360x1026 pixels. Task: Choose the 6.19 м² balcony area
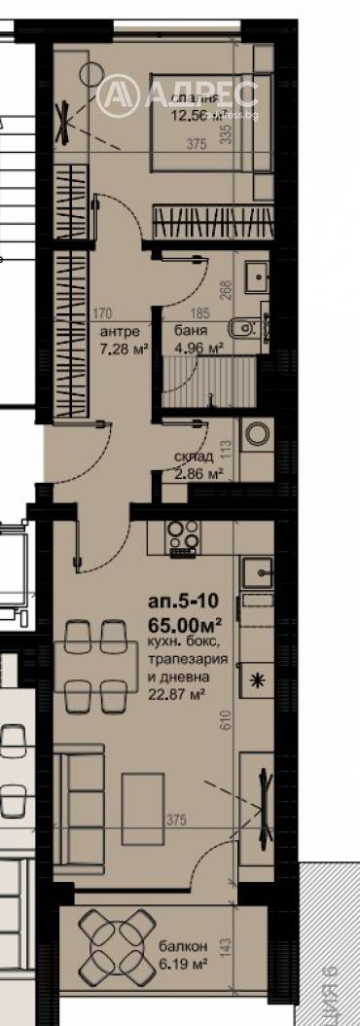click(182, 963)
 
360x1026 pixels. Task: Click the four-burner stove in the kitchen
click(183, 537)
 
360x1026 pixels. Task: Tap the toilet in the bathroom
click(240, 327)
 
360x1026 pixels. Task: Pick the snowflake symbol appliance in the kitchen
click(258, 678)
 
